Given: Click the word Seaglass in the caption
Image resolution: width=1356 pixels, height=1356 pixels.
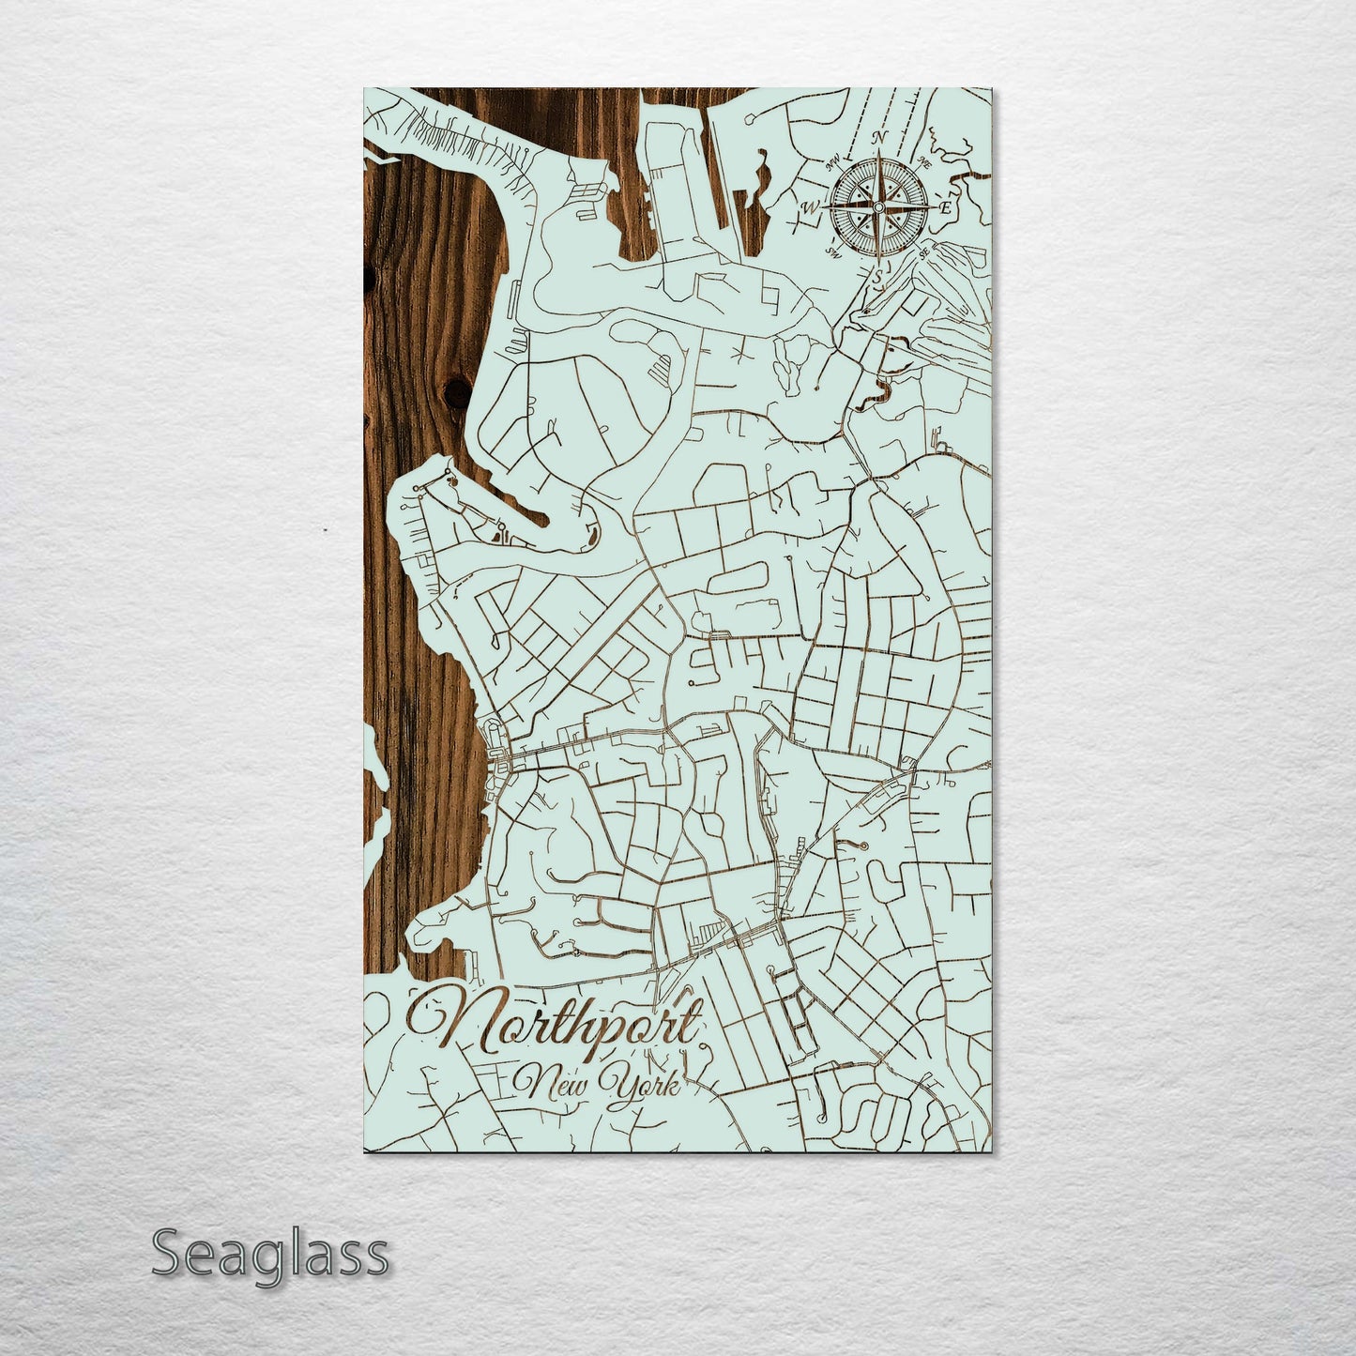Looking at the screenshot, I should tap(269, 1255).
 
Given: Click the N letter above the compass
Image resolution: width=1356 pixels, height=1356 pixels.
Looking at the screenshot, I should tap(880, 137).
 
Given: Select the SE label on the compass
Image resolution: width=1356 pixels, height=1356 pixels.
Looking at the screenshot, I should tap(925, 251).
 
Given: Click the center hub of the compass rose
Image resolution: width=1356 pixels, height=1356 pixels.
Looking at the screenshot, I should tap(879, 206).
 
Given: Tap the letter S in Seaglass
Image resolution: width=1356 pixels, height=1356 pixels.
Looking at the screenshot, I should tap(165, 1255).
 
